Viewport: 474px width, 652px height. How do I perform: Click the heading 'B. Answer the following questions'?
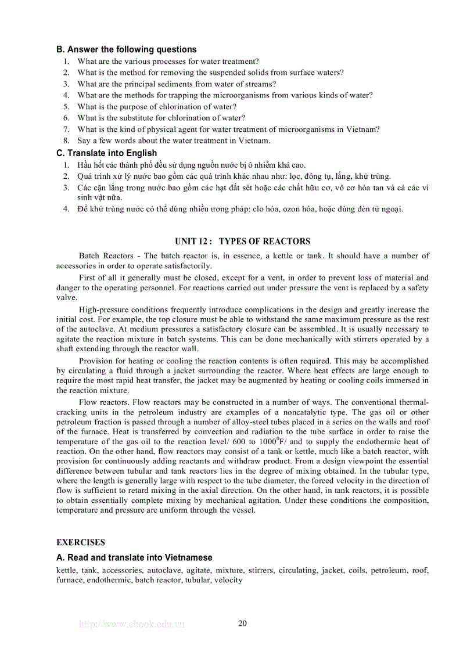tap(126, 49)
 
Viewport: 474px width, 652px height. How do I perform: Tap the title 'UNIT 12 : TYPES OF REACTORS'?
tap(242, 242)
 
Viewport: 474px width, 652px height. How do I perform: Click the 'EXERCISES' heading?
tap(81, 542)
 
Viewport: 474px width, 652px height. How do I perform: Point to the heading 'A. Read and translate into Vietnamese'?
tap(134, 557)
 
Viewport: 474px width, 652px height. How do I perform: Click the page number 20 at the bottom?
tap(242, 624)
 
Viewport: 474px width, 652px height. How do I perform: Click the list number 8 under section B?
tap(66, 141)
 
